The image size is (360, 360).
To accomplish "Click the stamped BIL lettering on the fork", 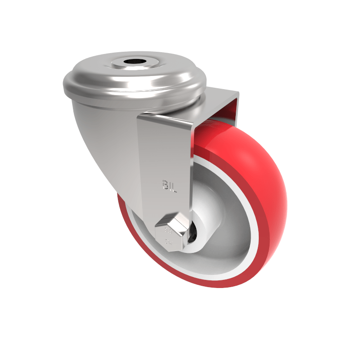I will coord(169,185).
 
